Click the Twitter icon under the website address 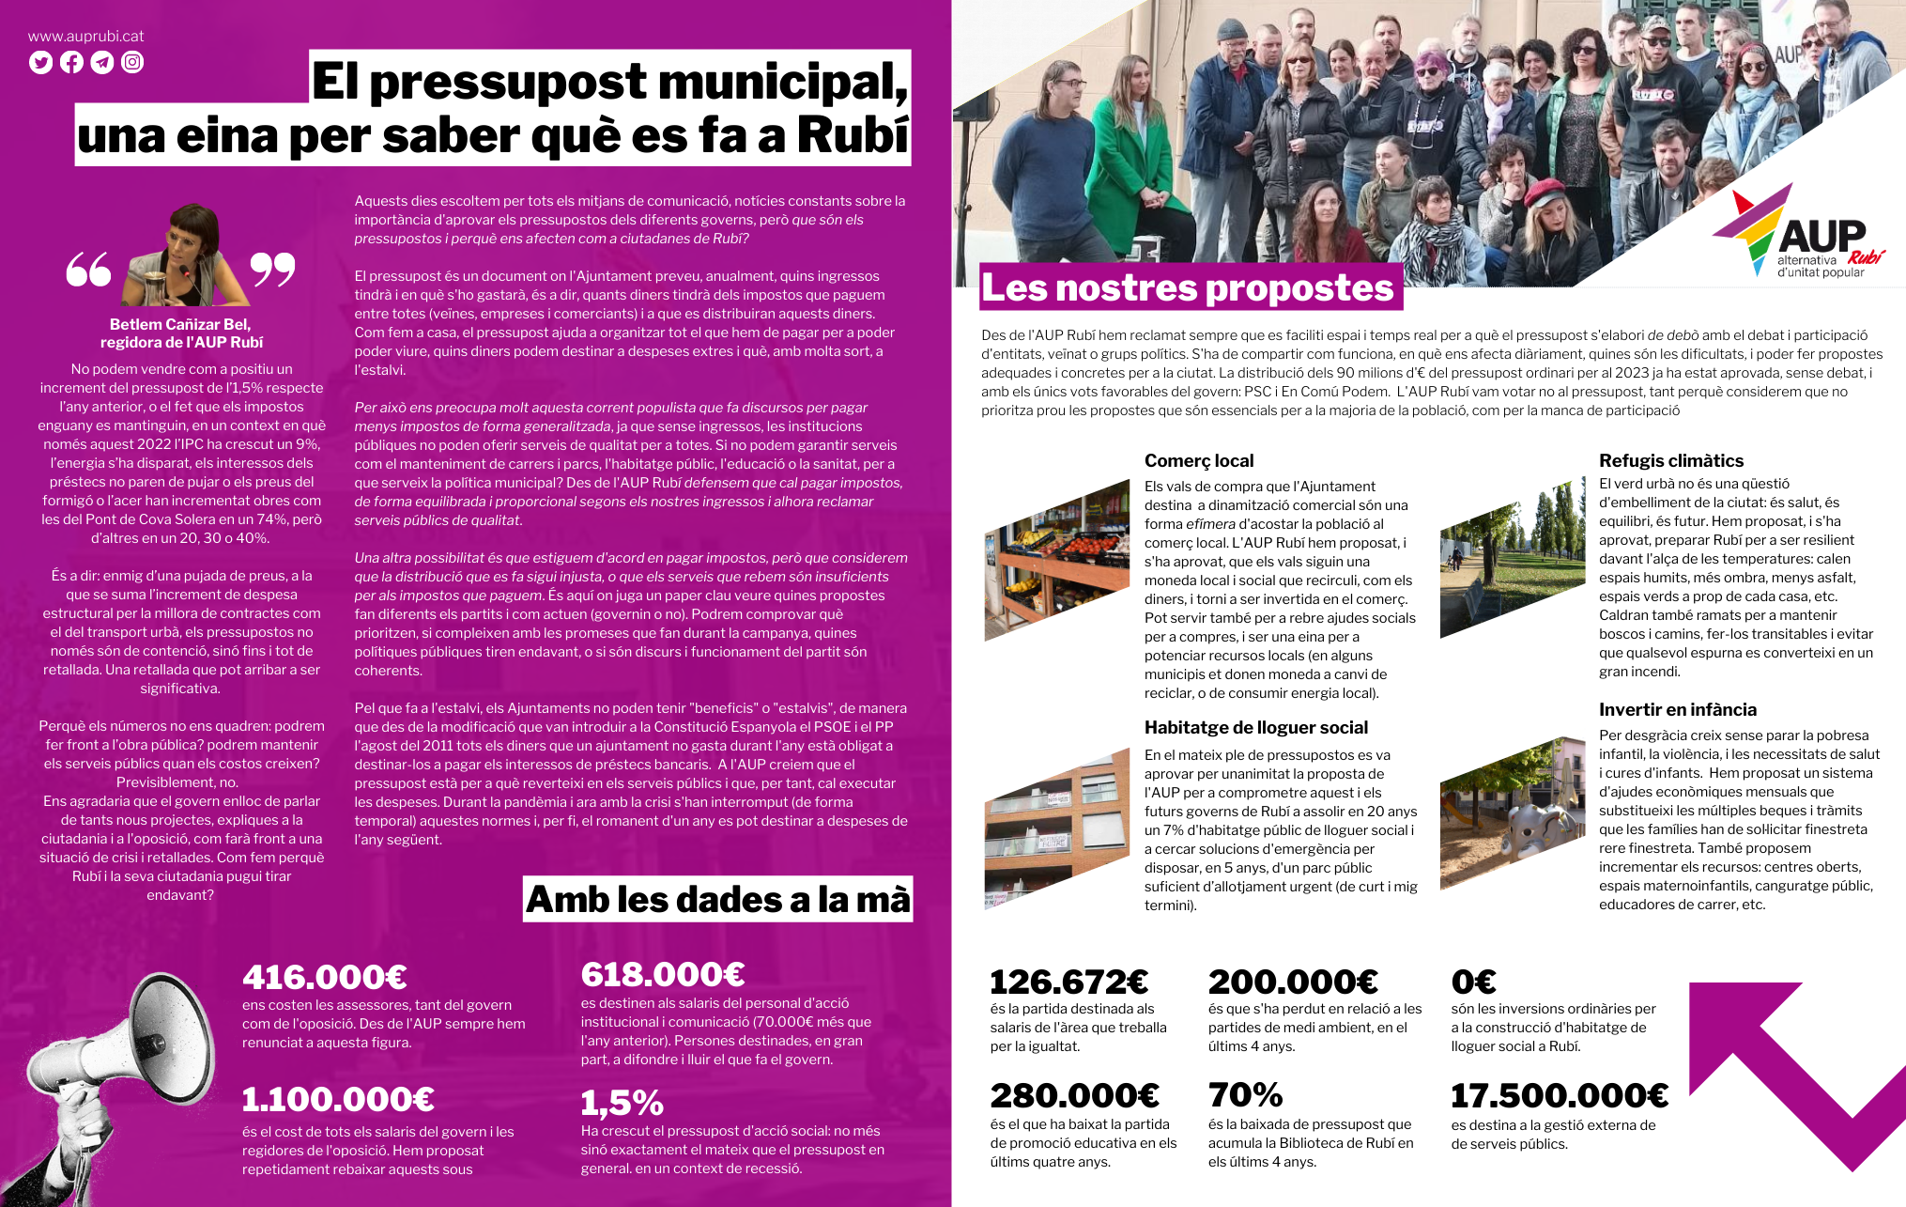[x=40, y=63]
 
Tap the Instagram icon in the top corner [x=132, y=63]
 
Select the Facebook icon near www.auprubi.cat [x=71, y=63]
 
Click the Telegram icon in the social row [x=102, y=63]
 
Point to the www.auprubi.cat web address [x=86, y=37]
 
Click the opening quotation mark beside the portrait [x=88, y=270]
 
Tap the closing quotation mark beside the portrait [x=272, y=270]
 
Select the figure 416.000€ [x=325, y=978]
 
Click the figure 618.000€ [x=663, y=975]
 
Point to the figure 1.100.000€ [x=338, y=1099]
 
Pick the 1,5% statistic [x=622, y=1103]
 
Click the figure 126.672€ [x=1069, y=983]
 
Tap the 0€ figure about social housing [x=1473, y=983]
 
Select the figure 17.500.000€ [x=1560, y=1096]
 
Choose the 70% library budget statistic [x=1245, y=1095]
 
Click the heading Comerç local [x=1199, y=461]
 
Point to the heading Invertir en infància [x=1678, y=710]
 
